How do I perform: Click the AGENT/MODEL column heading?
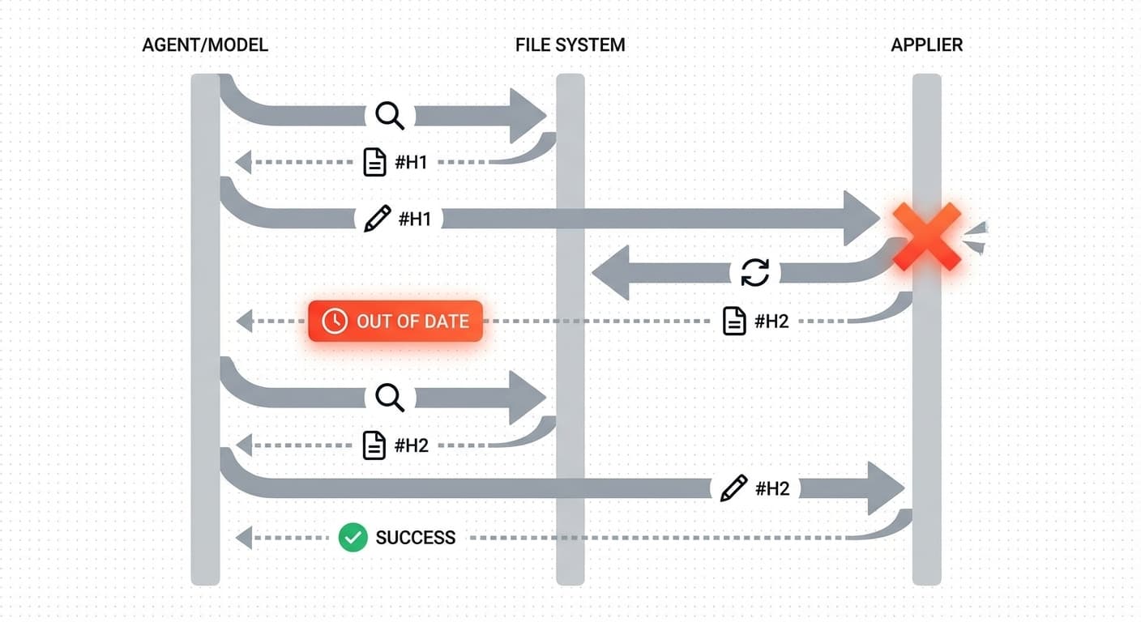click(x=205, y=45)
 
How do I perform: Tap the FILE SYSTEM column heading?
click(x=570, y=45)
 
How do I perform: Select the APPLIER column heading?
click(x=926, y=45)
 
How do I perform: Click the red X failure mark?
click(x=926, y=236)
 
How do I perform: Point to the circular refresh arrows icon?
click(x=754, y=272)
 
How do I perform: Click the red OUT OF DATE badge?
click(x=395, y=321)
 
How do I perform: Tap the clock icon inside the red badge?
click(x=335, y=321)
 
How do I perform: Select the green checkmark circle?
click(x=353, y=537)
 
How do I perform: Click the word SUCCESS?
click(x=415, y=537)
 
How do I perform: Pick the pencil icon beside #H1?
click(x=377, y=219)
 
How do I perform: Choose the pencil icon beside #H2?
click(x=733, y=488)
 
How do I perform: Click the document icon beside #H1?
click(x=374, y=162)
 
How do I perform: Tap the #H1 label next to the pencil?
click(x=414, y=219)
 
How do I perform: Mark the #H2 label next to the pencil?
click(x=771, y=488)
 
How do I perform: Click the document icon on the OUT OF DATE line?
click(x=734, y=322)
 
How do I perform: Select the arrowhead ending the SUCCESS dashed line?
click(x=243, y=537)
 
